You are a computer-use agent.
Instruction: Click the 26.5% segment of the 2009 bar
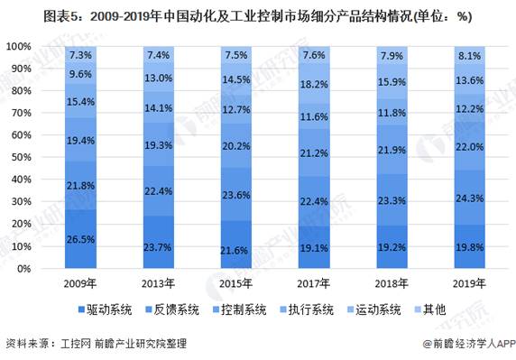[x=80, y=239]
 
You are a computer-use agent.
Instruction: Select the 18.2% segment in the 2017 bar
[x=314, y=84]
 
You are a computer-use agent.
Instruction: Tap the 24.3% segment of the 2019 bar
[x=470, y=198]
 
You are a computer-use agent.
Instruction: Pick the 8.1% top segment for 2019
[x=470, y=56]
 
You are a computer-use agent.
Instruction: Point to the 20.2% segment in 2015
[x=236, y=145]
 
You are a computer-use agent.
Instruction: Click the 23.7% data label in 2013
[x=158, y=247]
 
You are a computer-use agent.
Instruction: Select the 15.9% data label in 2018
[x=392, y=81]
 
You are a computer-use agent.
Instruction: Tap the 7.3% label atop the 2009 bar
[x=80, y=55]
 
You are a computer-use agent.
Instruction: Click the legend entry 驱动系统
[x=105, y=309]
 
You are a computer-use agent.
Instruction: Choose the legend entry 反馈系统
[x=172, y=309]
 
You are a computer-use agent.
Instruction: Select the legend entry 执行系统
[x=307, y=309]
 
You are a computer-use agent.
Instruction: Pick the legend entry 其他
[x=430, y=309]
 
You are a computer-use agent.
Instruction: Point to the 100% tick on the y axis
[x=19, y=46]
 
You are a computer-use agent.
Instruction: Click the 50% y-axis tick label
[x=21, y=157]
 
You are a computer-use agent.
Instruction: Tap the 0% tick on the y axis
[x=23, y=269]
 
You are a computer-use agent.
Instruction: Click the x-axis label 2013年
[x=158, y=283]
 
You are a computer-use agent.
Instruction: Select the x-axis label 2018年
[x=392, y=283]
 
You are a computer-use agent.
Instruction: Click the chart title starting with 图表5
[x=258, y=16]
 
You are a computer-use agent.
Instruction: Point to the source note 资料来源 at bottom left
[x=97, y=344]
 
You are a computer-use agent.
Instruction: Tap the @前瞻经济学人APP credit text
[x=470, y=344]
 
